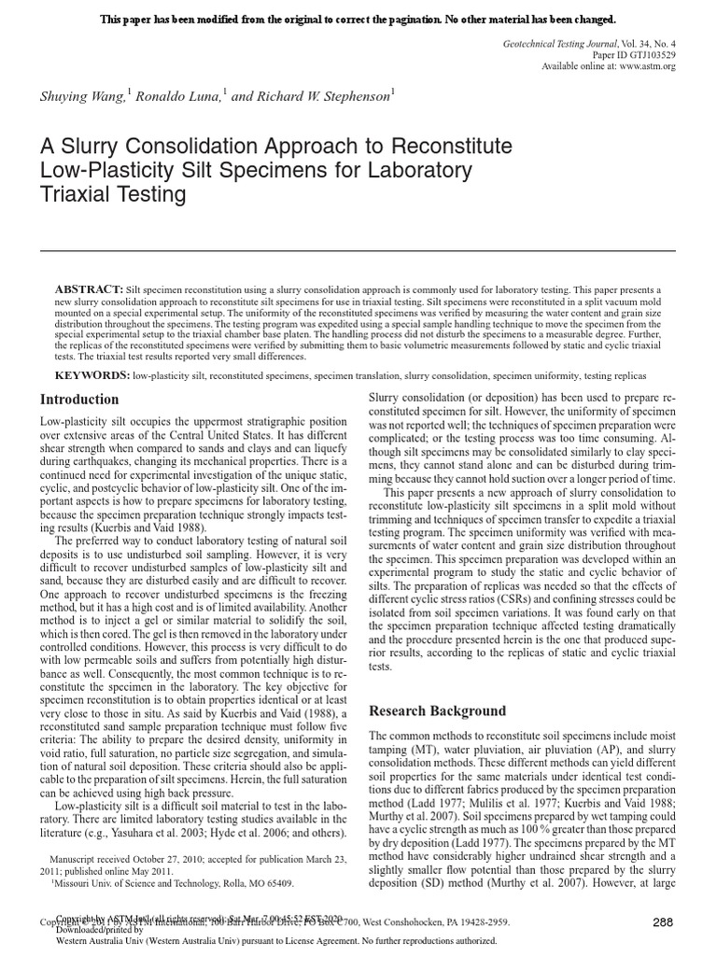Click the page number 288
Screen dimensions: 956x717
tap(662, 921)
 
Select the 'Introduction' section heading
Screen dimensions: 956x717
tap(79, 400)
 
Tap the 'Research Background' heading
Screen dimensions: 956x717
tap(437, 710)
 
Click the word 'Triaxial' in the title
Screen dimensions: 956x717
tap(73, 195)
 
